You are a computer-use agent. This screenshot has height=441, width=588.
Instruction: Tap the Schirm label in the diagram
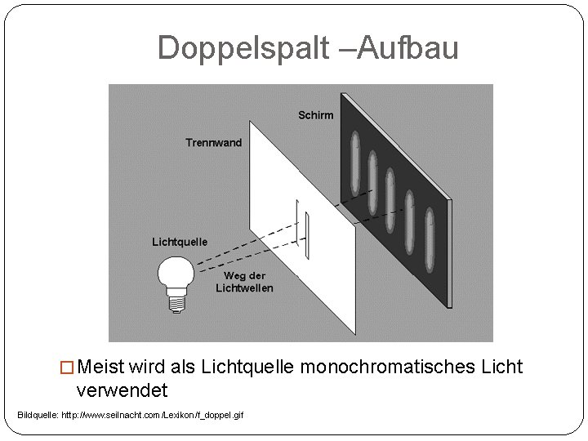[315, 115]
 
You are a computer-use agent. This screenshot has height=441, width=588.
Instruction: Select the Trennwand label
[213, 143]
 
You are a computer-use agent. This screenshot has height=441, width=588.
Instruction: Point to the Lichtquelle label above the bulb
[180, 242]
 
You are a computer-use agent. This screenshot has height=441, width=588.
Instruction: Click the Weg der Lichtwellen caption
[244, 282]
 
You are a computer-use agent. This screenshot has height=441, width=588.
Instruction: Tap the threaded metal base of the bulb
[176, 301]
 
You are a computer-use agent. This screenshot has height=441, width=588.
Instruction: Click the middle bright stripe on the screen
[390, 198]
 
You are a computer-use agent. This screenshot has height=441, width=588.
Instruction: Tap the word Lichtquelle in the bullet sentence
[251, 367]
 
